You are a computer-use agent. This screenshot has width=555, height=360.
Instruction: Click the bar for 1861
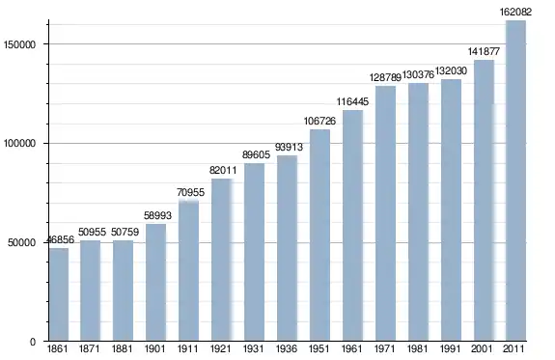[x=59, y=294]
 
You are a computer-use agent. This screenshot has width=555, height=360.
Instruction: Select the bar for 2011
[x=515, y=180]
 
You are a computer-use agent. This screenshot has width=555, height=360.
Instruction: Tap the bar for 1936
[x=287, y=248]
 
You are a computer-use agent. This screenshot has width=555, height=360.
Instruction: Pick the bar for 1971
[x=385, y=213]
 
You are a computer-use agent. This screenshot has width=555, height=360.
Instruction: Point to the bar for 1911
[x=188, y=271]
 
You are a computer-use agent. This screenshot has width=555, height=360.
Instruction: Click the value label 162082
[x=515, y=12]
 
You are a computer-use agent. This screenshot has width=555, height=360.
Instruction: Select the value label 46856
[x=60, y=239]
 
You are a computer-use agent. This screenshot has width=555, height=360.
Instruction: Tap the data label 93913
[x=289, y=147]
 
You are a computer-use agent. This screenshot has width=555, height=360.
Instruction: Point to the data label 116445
[x=352, y=101]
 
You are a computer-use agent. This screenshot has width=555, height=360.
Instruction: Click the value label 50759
[x=125, y=232]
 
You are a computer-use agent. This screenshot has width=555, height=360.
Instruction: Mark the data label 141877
[x=484, y=52]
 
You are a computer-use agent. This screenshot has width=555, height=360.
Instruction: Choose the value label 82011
[x=223, y=170]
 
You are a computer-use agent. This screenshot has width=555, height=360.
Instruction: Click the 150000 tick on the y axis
[x=20, y=44]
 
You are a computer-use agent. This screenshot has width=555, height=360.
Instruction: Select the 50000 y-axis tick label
[x=22, y=243]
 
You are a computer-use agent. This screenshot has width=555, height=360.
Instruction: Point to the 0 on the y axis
[x=33, y=342]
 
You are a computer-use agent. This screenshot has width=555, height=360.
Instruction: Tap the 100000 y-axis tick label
[x=20, y=144]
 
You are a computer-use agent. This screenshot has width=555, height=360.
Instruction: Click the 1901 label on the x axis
[x=155, y=349]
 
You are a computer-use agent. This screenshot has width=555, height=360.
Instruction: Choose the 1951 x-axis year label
[x=319, y=349]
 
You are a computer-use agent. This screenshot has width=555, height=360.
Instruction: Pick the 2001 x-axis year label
[x=482, y=349]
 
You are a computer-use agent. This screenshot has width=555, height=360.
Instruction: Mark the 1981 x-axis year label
[x=417, y=349]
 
